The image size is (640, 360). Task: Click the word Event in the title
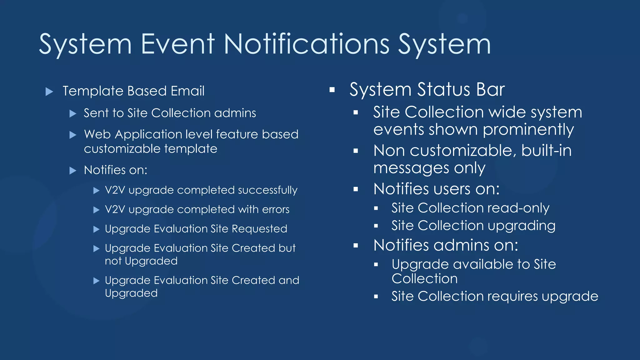[177, 44]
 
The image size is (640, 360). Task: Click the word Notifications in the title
[307, 44]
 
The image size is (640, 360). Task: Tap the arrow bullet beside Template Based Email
[49, 92]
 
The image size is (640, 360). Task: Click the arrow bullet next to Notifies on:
[73, 171]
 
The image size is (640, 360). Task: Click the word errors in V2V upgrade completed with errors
[276, 209]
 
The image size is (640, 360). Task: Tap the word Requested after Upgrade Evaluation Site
[259, 229]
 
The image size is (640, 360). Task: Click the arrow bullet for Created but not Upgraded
[97, 249]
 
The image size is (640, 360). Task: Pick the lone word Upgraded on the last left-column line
[131, 293]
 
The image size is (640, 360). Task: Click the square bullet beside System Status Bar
[332, 90]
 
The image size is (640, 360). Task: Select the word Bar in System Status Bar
[490, 89]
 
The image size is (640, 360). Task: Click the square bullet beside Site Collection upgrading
[376, 226]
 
